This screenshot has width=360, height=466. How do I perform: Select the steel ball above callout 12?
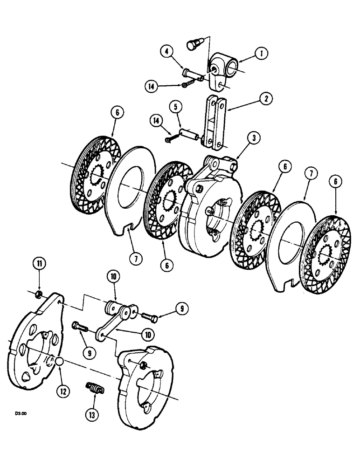click(x=60, y=362)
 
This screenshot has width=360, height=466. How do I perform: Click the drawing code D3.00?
click(x=21, y=413)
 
